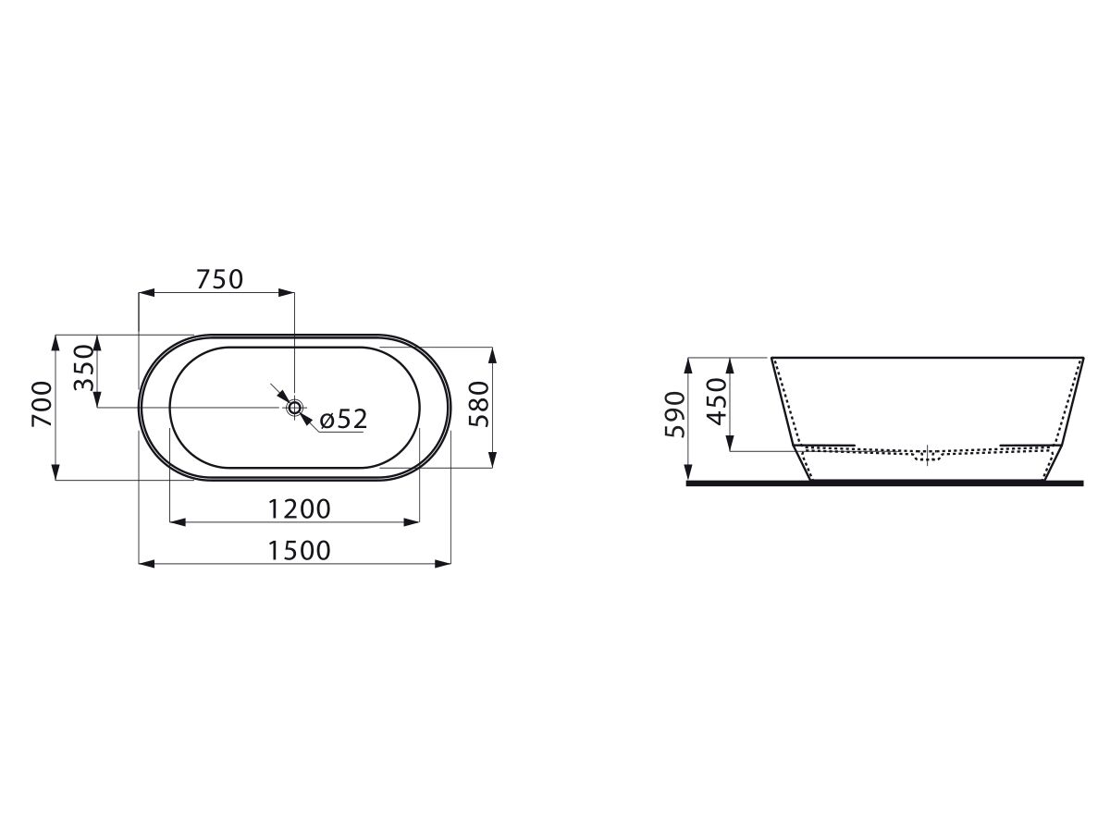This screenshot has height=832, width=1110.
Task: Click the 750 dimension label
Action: [x=219, y=279]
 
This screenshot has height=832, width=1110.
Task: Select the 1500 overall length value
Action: [x=299, y=550]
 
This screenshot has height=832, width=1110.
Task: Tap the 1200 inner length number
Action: [x=299, y=508]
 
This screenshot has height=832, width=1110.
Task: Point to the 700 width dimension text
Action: [x=42, y=404]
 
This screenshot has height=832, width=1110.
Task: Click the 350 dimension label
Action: [x=84, y=368]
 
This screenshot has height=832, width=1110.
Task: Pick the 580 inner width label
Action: [x=479, y=404]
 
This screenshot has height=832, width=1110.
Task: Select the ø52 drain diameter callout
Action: [x=343, y=419]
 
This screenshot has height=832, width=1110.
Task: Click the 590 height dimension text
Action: [x=675, y=414]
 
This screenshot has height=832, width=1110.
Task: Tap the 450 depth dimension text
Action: [x=717, y=402]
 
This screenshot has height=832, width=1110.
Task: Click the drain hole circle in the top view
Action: [x=294, y=407]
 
